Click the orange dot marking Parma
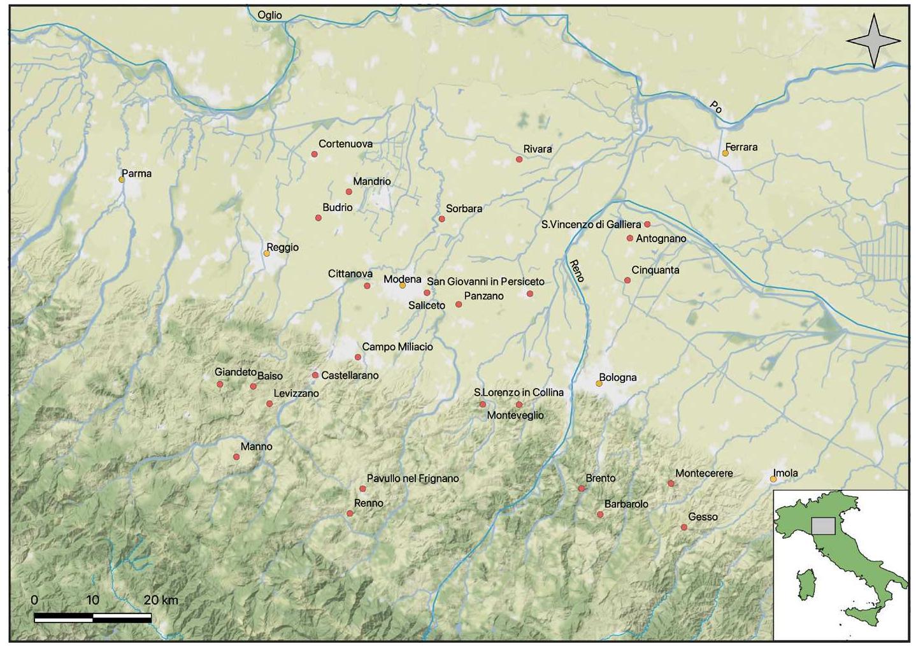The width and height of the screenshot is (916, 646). tap(122, 180)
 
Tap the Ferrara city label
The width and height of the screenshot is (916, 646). tap(741, 147)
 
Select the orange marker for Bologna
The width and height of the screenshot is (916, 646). tap(599, 384)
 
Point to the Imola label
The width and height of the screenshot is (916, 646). tap(785, 473)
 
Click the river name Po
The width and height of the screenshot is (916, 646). tap(717, 108)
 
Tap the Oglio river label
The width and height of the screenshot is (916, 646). tap(269, 15)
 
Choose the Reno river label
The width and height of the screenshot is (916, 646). tap(576, 270)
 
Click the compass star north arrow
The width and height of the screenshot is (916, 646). tap(873, 41)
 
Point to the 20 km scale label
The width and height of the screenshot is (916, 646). tap(161, 600)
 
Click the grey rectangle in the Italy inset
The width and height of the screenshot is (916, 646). tap(823, 526)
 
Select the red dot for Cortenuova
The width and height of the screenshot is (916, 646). tap(314, 154)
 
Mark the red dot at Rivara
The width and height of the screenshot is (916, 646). tap(519, 159)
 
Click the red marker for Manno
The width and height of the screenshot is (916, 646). tap(236, 457)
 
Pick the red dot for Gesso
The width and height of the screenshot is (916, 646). tap(684, 528)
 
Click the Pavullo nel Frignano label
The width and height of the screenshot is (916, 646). tap(413, 478)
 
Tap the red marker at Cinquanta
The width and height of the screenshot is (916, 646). tap(627, 280)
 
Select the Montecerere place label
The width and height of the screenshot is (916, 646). tap(704, 473)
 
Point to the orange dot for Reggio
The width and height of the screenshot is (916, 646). tap(267, 254)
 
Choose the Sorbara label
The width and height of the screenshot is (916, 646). tap(464, 208)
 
